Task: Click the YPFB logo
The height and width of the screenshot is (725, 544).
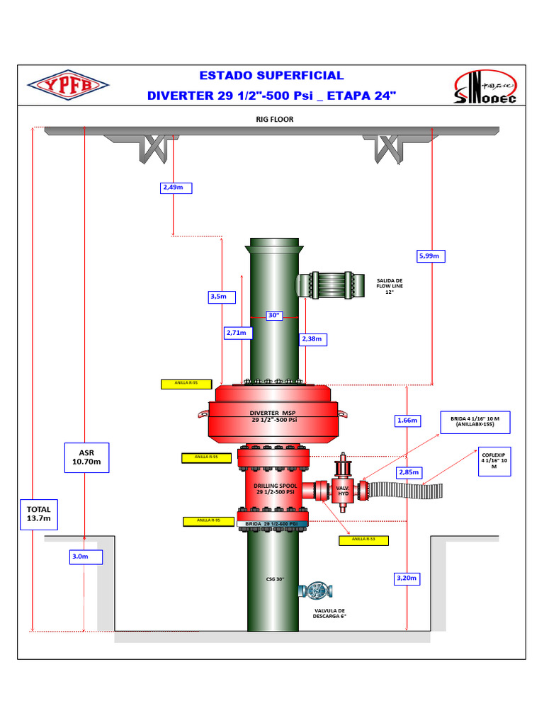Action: click(x=69, y=85)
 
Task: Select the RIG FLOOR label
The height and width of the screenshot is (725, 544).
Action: click(x=274, y=120)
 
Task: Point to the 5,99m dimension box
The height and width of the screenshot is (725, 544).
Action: click(x=430, y=256)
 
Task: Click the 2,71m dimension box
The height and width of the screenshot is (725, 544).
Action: click(x=235, y=332)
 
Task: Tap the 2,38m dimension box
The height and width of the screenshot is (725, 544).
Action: click(x=312, y=339)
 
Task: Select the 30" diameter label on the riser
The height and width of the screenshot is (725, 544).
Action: click(x=275, y=316)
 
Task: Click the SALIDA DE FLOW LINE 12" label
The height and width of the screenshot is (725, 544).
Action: click(x=389, y=286)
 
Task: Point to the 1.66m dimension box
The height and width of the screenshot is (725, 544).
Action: click(x=407, y=421)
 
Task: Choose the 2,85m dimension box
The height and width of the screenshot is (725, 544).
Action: click(x=409, y=472)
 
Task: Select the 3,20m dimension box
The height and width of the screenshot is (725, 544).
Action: click(x=407, y=578)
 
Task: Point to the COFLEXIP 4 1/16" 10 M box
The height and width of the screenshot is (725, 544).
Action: click(x=496, y=459)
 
